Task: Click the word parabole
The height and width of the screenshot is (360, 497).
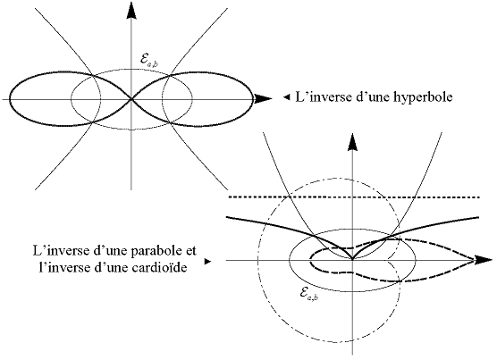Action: click(x=153, y=250)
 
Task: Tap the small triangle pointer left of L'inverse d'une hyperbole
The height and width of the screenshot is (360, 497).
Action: click(x=287, y=97)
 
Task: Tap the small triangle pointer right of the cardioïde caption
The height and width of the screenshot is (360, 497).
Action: click(x=207, y=262)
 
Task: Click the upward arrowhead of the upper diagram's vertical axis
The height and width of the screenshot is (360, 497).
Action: click(x=131, y=10)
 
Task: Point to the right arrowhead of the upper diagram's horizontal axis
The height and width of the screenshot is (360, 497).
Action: click(x=263, y=99)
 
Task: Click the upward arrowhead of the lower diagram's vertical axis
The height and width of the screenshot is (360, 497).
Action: click(x=352, y=142)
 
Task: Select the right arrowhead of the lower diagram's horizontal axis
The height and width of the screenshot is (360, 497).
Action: click(x=484, y=260)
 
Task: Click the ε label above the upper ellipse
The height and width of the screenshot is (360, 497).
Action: click(x=148, y=60)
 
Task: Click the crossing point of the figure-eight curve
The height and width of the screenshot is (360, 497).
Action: click(x=131, y=99)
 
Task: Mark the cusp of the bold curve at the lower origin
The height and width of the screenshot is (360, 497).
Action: click(x=352, y=260)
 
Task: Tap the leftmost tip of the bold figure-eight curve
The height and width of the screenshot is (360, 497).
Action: click(x=10, y=99)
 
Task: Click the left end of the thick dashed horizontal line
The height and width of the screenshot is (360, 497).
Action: click(x=230, y=197)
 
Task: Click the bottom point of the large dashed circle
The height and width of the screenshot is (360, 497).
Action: click(x=329, y=343)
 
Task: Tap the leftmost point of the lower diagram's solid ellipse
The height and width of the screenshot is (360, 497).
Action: click(x=289, y=260)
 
